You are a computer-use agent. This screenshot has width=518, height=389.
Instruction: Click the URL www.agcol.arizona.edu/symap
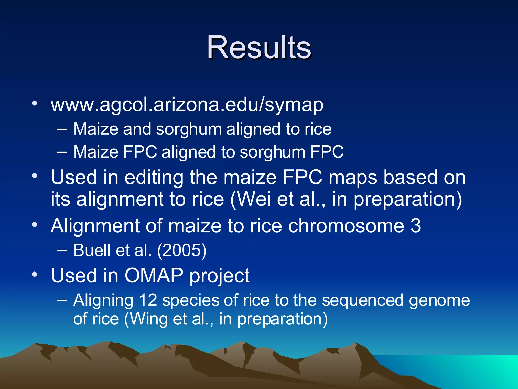pyautogui.click(x=187, y=105)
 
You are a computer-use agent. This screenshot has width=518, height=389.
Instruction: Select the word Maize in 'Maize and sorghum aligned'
pyautogui.click(x=96, y=129)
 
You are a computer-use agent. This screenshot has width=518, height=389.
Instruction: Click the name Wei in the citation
pyautogui.click(x=254, y=199)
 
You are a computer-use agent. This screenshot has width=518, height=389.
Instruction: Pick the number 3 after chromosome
pyautogui.click(x=416, y=225)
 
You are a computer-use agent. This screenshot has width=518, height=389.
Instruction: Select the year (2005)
pyautogui.click(x=182, y=250)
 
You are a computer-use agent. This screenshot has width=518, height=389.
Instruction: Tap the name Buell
pyautogui.click(x=92, y=250)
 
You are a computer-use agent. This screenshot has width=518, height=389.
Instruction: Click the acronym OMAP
pyautogui.click(x=154, y=275)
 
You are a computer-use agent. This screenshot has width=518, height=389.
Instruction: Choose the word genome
pyautogui.click(x=439, y=301)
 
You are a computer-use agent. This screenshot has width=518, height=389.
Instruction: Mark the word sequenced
pyautogui.click(x=362, y=300)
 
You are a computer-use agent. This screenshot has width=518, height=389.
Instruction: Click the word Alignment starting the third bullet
pyautogui.click(x=95, y=225)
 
